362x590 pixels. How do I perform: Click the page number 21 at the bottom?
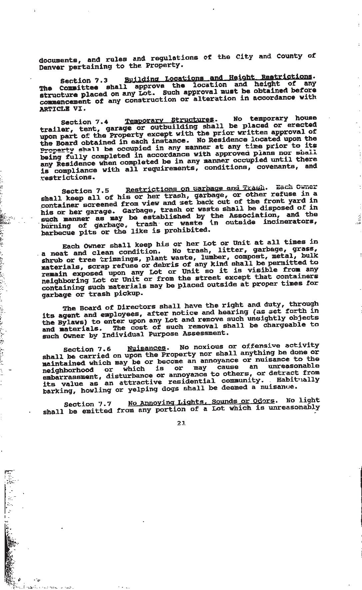pyautogui.click(x=181, y=423)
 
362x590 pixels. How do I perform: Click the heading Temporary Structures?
pyautogui.click(x=169, y=120)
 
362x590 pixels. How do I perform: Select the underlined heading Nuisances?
pyautogui.click(x=146, y=348)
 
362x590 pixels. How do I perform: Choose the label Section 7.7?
pyautogui.click(x=88, y=404)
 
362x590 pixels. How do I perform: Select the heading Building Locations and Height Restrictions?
pyautogui.click(x=218, y=78)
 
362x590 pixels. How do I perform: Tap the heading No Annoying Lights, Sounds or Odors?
pyautogui.click(x=201, y=402)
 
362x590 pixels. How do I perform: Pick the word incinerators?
pyautogui.click(x=290, y=221)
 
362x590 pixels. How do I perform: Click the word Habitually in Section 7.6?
pyautogui.click(x=302, y=380)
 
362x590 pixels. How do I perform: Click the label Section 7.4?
pyautogui.click(x=85, y=122)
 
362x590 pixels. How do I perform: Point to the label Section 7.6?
pyautogui.click(x=87, y=349)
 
